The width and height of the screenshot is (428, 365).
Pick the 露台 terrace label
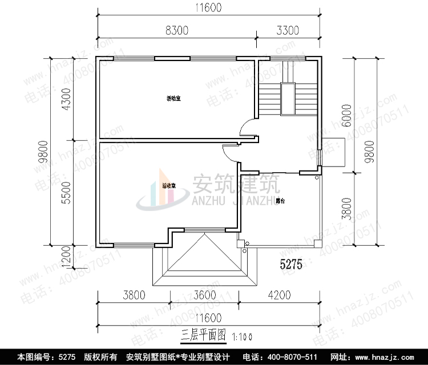tap(280, 201)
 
